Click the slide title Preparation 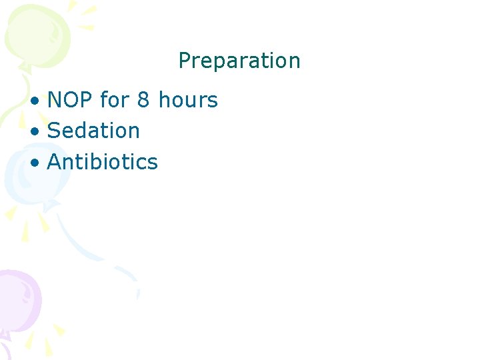[x=239, y=61]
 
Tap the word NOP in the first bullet [x=70, y=101]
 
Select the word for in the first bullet [x=114, y=101]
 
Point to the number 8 [x=143, y=101]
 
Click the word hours [x=188, y=101]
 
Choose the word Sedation [x=93, y=131]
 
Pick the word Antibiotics [x=103, y=162]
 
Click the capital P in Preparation [x=185, y=61]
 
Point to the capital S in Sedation [x=54, y=131]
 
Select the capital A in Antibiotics [x=55, y=162]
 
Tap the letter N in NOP [x=55, y=101]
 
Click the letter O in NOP [x=70, y=101]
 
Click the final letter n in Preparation [x=295, y=61]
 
